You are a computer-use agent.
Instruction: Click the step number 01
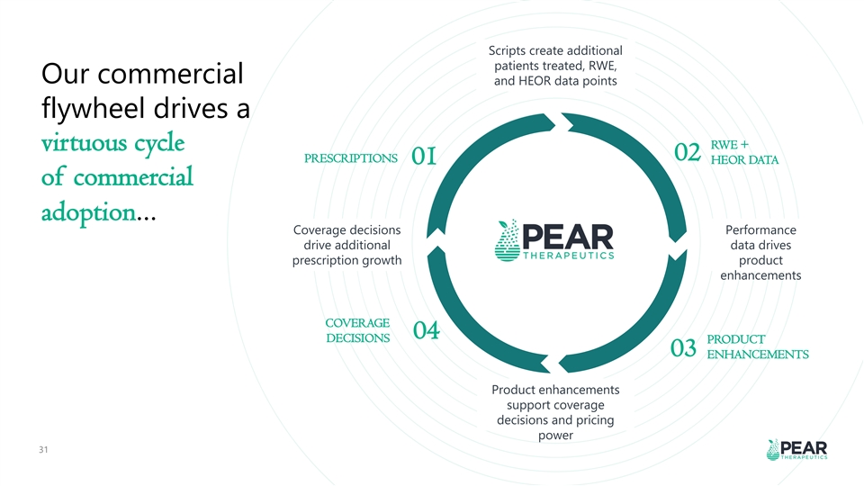tap(424, 158)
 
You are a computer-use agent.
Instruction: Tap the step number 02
tap(687, 153)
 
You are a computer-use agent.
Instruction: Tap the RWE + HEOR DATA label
tap(744, 153)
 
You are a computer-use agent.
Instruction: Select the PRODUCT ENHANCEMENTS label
tap(757, 347)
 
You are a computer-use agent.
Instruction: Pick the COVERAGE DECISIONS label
tap(356, 330)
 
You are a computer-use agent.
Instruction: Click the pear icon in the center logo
tap(511, 239)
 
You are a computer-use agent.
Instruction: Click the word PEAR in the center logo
tap(571, 234)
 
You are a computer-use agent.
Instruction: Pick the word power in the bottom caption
tap(555, 436)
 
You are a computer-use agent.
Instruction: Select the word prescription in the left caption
tap(325, 261)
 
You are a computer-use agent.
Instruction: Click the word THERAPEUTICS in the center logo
tap(571, 255)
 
